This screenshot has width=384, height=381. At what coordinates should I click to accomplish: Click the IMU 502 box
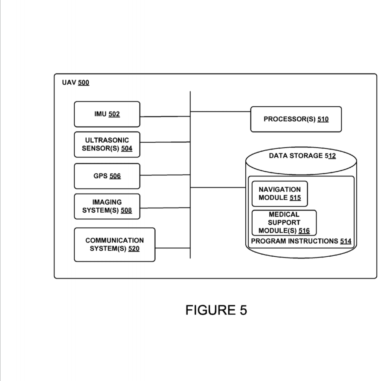(107, 114)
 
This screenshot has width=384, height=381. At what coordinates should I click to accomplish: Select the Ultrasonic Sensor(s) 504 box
(107, 144)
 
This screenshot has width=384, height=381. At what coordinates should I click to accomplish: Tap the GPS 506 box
(107, 176)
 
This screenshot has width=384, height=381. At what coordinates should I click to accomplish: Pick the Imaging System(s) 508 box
(107, 206)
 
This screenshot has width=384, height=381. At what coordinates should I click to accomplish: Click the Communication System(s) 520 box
(114, 244)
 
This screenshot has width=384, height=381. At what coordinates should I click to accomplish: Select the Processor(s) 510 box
(296, 119)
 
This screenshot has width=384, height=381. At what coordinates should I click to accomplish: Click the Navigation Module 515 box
(279, 193)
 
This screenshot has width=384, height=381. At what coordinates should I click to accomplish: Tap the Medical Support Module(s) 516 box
(284, 223)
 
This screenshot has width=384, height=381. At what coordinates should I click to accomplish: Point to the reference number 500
(84, 83)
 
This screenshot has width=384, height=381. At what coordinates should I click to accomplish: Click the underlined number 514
(346, 241)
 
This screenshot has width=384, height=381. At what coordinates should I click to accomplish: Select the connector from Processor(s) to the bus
(220, 111)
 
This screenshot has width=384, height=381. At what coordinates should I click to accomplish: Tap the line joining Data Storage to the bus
(218, 188)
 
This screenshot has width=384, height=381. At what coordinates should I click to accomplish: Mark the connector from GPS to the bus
(165, 175)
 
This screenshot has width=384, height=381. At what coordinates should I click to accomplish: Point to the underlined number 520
(134, 249)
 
